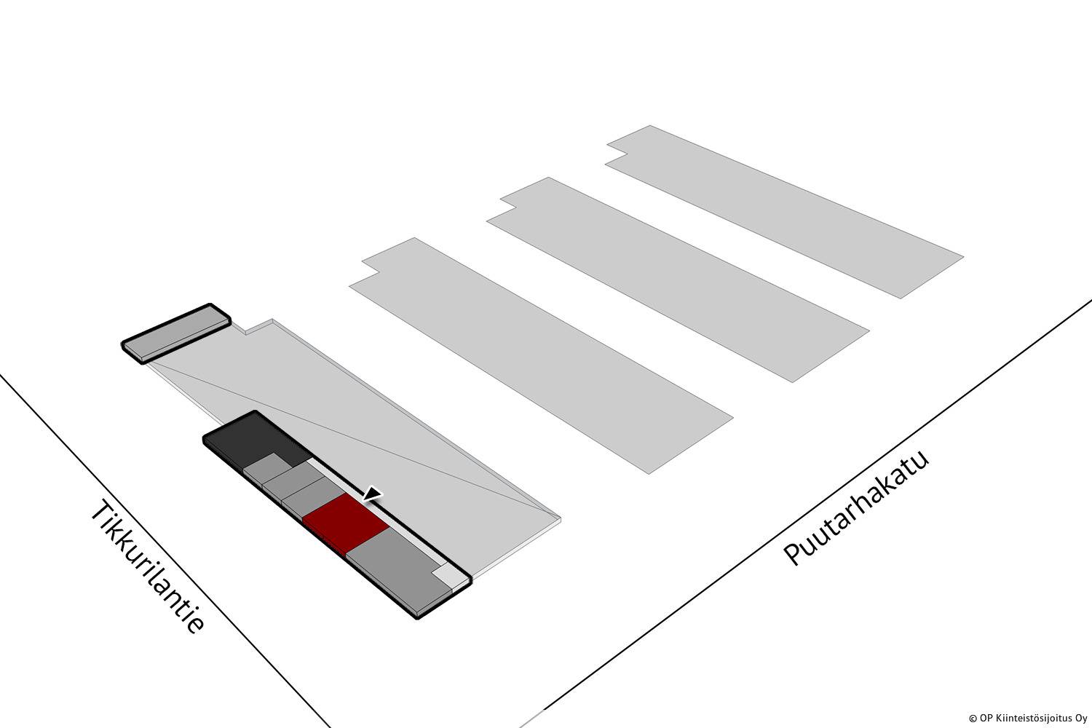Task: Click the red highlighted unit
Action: (346, 523)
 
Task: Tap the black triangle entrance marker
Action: (373, 494)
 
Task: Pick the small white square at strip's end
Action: (446, 578)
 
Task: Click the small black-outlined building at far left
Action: (176, 333)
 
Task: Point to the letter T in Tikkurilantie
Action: (101, 512)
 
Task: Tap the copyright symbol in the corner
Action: (973, 719)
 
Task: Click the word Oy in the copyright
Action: (1083, 719)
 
